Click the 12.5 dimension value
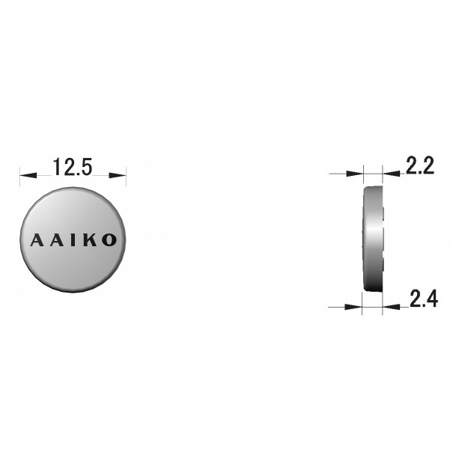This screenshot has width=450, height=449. coord(73,167)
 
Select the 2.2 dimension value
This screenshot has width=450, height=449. coord(419,165)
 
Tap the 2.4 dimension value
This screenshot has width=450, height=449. coord(424,299)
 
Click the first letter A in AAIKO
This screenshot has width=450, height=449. coord(37,240)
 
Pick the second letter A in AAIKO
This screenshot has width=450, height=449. coord(57,240)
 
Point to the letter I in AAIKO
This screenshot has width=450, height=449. coord(74,240)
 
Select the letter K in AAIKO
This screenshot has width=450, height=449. coord(91,240)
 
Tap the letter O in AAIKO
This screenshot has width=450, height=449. coord(109,240)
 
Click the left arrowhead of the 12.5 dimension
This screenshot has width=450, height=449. coord(28,175)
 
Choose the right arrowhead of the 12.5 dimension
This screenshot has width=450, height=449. coord(118,175)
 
